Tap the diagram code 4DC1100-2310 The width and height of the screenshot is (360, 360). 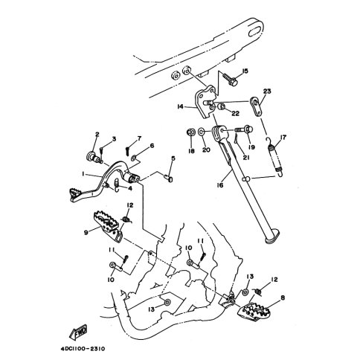(x=83, y=349)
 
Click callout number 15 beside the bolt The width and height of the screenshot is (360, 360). (x=245, y=71)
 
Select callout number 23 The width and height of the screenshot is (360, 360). (x=267, y=91)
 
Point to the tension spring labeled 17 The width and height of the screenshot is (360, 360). (x=275, y=157)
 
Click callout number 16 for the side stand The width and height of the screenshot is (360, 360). (x=220, y=185)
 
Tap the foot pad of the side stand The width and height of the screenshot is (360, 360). (x=272, y=237)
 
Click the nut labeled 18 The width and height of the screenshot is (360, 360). (x=191, y=132)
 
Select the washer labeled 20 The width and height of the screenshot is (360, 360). (x=201, y=132)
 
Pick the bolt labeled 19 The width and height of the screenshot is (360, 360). (x=244, y=129)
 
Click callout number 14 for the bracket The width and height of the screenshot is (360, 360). (x=180, y=106)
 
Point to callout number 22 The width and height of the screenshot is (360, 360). (x=235, y=113)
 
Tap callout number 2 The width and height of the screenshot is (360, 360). (x=97, y=135)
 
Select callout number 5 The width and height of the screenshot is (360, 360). (x=173, y=158)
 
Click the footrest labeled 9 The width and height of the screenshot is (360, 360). (x=109, y=226)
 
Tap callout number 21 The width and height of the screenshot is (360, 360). (x=245, y=157)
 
